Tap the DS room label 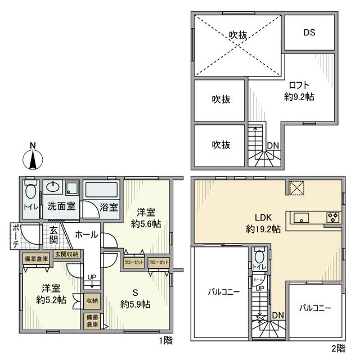coord(310,32)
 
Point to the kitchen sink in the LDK coord(300,218)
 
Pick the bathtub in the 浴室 coord(101,191)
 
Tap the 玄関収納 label coord(67,255)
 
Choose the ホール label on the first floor coord(86,235)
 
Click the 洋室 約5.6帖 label coord(144,218)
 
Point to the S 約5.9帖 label coord(134,298)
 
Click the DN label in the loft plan coord(273,146)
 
